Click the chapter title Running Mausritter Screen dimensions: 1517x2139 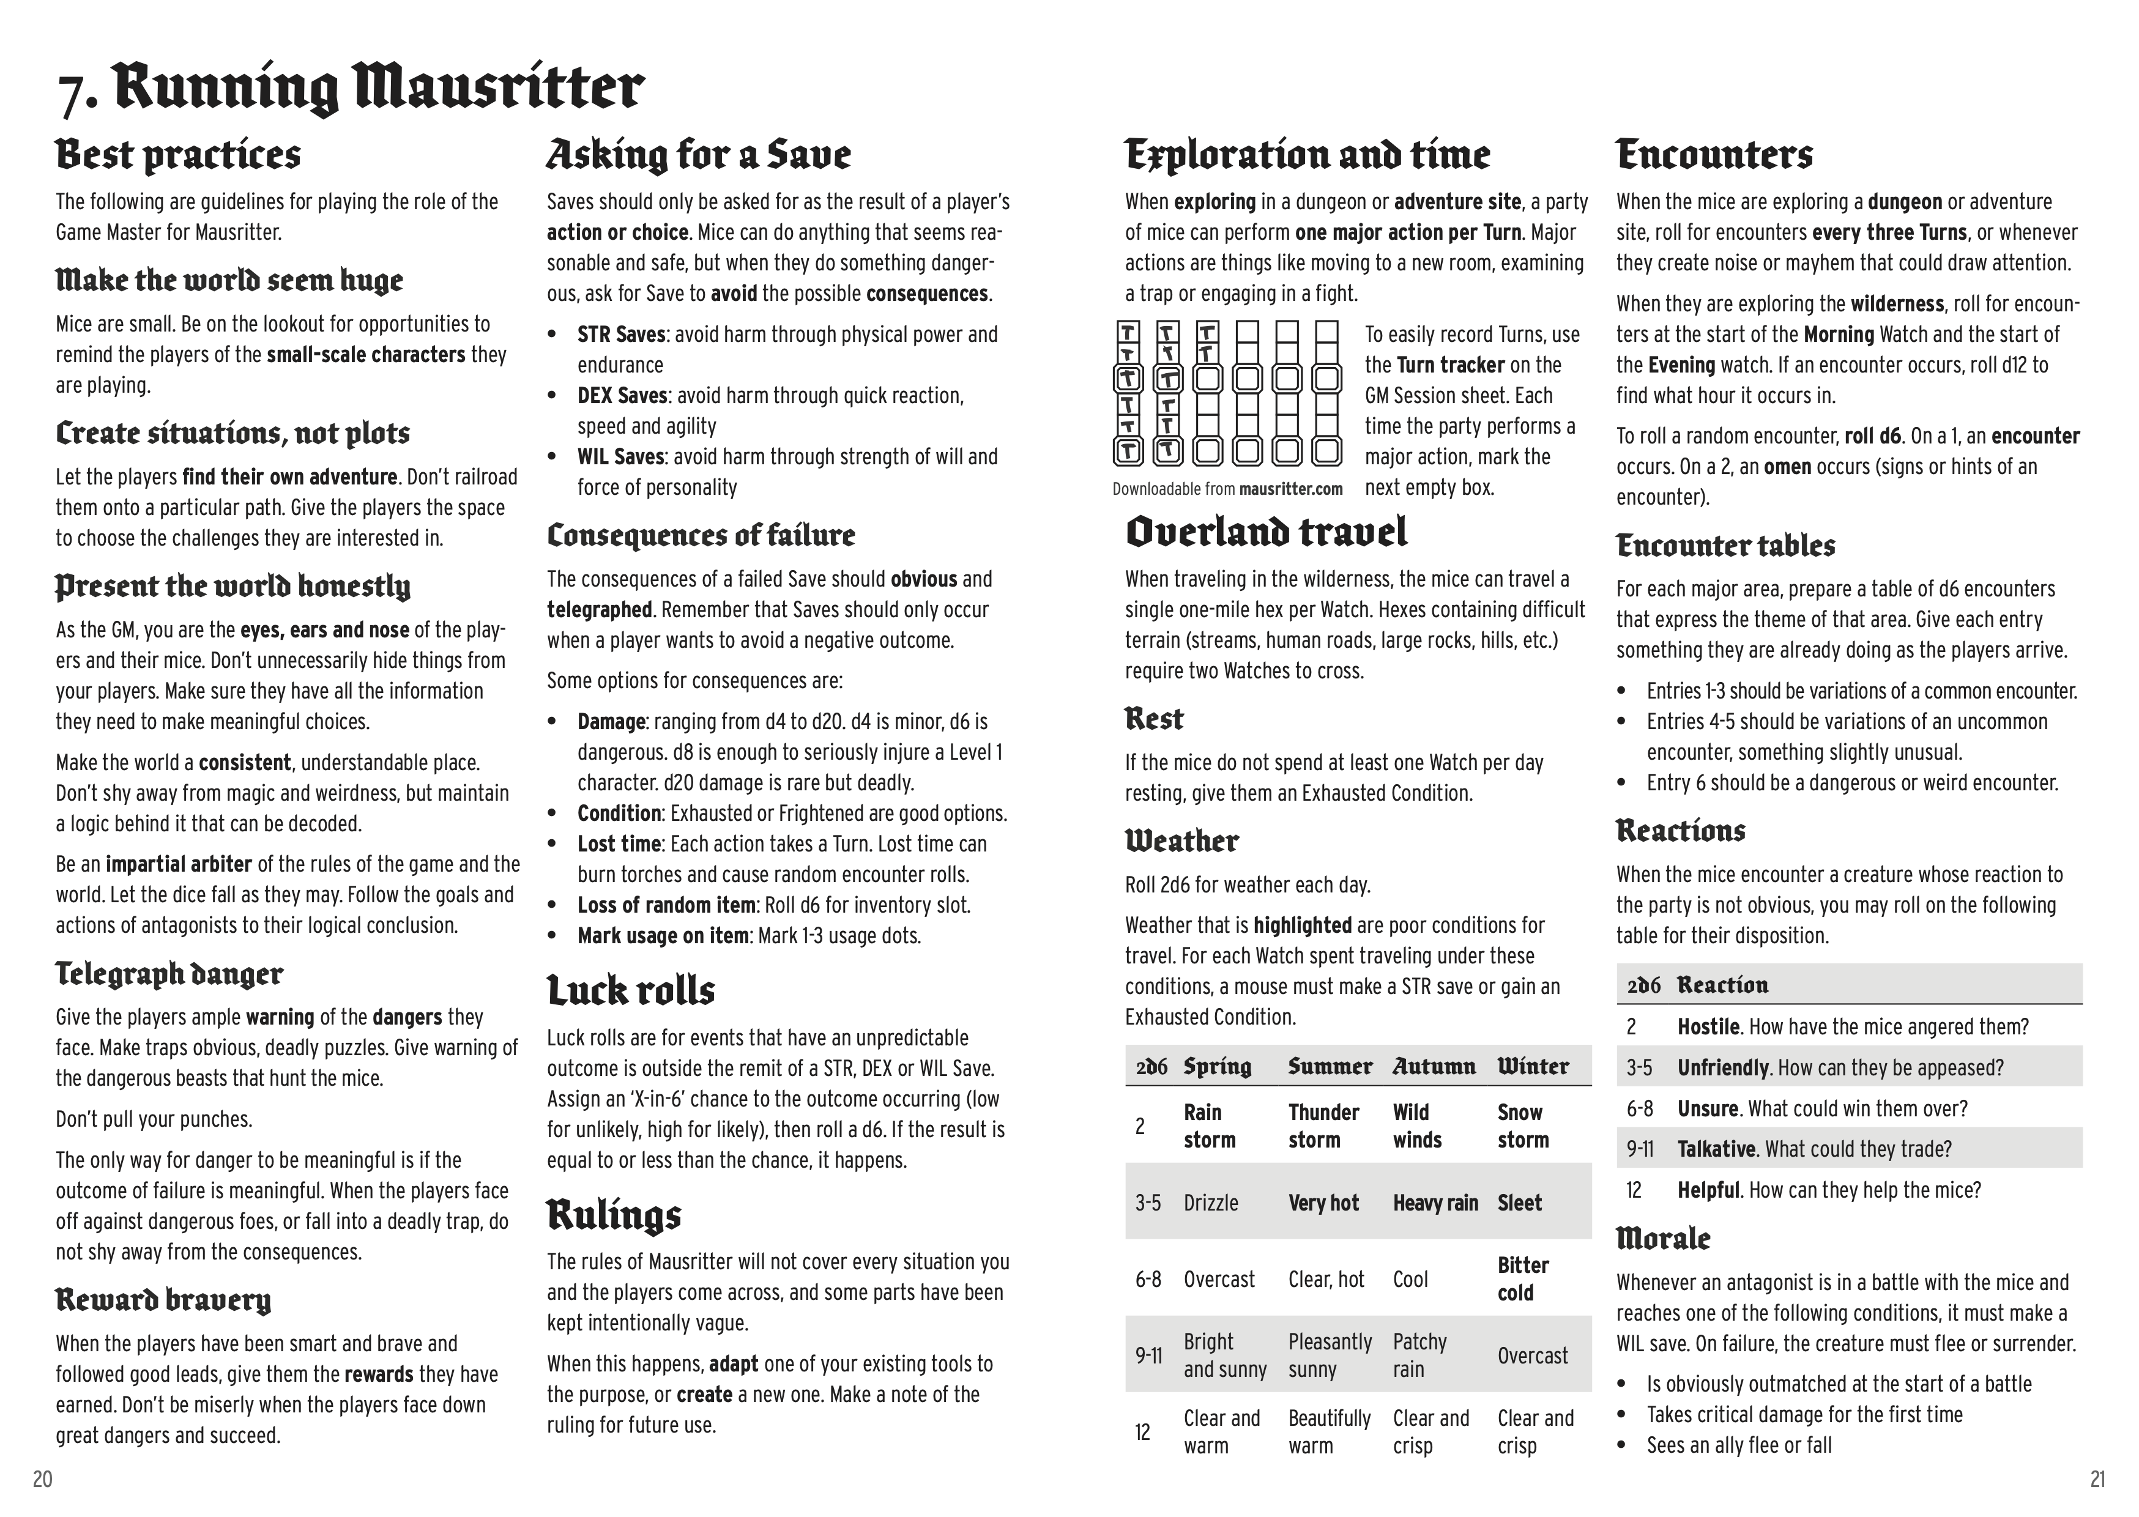point(378,88)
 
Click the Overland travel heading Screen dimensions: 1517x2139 point(1266,532)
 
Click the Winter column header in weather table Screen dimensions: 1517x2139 point(1533,1066)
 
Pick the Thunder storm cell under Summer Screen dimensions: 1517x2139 point(1323,1126)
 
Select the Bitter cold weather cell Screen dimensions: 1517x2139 point(1522,1279)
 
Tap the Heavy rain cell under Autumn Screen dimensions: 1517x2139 point(1435,1203)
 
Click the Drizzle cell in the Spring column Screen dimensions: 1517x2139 point(1211,1203)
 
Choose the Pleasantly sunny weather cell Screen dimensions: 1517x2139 point(1329,1356)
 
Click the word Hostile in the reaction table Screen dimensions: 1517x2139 point(1708,1026)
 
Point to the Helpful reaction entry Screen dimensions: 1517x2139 point(1708,1190)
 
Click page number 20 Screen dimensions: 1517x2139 point(42,1478)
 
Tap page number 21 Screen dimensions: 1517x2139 point(2098,1478)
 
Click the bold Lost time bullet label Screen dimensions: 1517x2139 point(619,844)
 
